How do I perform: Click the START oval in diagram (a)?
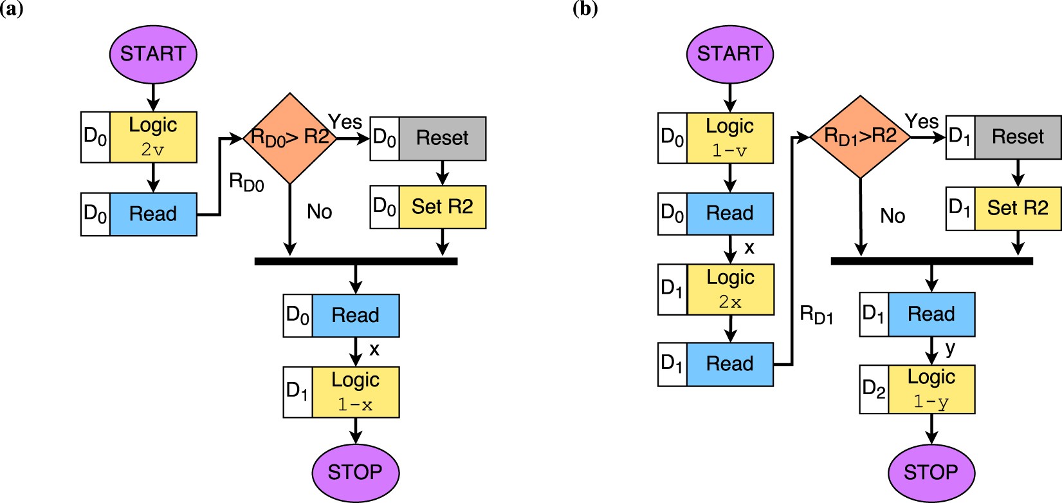tap(153, 54)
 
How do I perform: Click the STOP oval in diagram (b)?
tap(931, 472)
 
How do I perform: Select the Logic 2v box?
tap(153, 137)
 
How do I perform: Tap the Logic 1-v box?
tap(729, 138)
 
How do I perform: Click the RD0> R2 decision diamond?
tap(290, 138)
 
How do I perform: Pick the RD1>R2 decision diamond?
tap(860, 137)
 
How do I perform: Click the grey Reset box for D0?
tap(443, 138)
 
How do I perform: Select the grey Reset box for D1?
tap(1018, 137)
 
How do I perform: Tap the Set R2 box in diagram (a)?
tap(443, 207)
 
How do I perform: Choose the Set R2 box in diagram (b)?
tap(1018, 208)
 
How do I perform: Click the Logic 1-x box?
tap(355, 392)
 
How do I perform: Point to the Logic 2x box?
tap(730, 289)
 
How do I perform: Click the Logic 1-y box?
tap(931, 389)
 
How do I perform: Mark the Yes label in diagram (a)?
tap(345, 122)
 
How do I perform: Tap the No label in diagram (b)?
tap(892, 216)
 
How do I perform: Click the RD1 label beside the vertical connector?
tap(816, 315)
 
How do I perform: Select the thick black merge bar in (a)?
tap(356, 261)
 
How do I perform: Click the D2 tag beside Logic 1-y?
tap(874, 389)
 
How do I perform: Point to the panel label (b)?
tap(585, 9)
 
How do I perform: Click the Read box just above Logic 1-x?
tap(355, 316)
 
